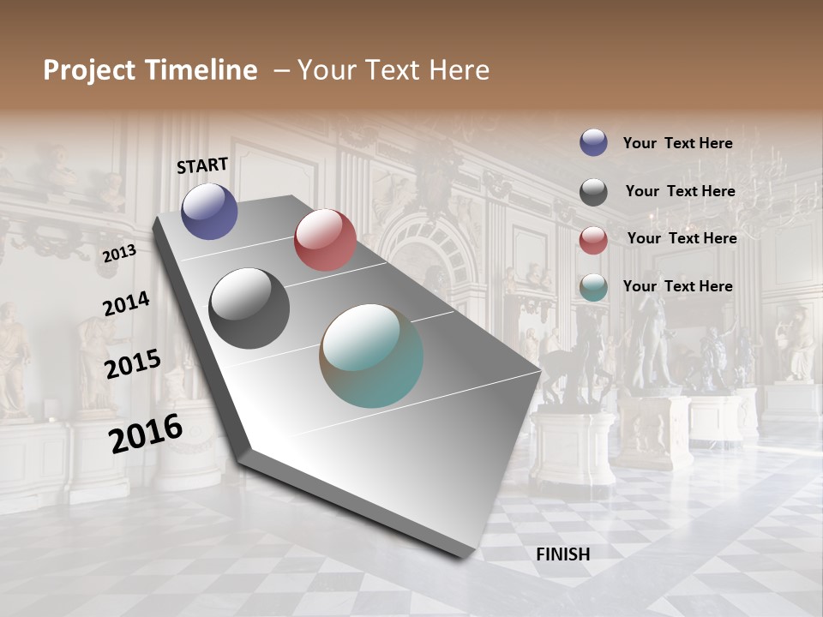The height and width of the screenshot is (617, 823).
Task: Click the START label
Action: [x=202, y=165]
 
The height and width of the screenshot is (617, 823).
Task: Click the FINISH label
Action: [x=562, y=554]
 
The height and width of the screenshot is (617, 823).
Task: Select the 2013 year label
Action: [x=119, y=253]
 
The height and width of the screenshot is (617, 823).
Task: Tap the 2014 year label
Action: [x=126, y=303]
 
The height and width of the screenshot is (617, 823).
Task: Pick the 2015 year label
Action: [x=132, y=364]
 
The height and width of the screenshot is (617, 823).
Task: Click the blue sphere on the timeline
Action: [x=209, y=211]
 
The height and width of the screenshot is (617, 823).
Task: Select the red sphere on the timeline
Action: [x=325, y=240]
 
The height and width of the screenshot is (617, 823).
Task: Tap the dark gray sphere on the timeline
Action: [x=249, y=308]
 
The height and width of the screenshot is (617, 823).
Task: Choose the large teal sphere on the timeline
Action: [x=371, y=356]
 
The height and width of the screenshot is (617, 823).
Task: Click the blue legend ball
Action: [x=593, y=142]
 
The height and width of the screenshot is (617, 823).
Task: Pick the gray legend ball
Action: [x=593, y=191]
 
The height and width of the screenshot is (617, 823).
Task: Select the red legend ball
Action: [x=593, y=239]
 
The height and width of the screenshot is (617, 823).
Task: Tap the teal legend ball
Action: [x=593, y=287]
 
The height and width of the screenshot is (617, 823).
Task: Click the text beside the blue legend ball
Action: [x=677, y=143]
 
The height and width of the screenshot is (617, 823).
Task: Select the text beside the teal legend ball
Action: [x=677, y=286]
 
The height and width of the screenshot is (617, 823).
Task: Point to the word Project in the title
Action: [x=90, y=70]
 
